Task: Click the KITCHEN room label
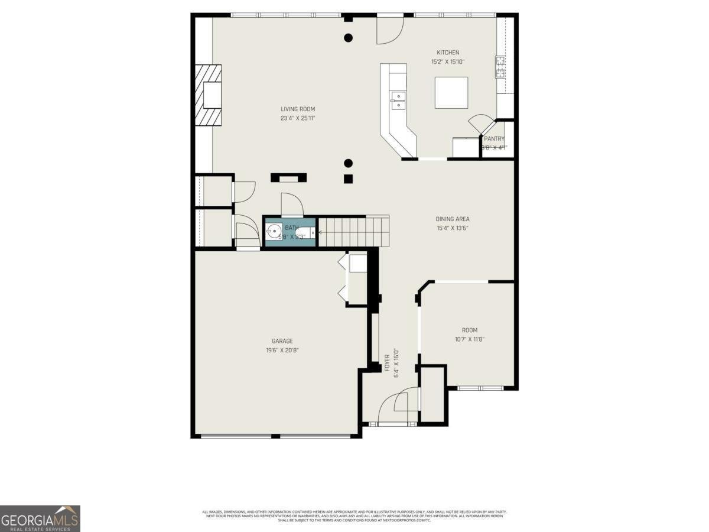click(x=447, y=53)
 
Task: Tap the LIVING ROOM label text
click(x=298, y=109)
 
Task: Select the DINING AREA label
click(x=453, y=219)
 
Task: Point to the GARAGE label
click(x=282, y=340)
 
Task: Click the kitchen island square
click(x=451, y=93)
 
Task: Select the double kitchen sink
click(x=398, y=100)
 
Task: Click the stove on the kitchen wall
click(x=500, y=67)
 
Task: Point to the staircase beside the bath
click(x=353, y=231)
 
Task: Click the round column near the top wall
click(x=348, y=38)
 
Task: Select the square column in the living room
click(x=348, y=179)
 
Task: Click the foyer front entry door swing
click(x=399, y=405)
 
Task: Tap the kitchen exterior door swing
click(x=390, y=30)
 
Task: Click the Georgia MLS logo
click(x=40, y=519)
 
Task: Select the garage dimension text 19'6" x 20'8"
click(x=282, y=350)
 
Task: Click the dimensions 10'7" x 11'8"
click(x=470, y=339)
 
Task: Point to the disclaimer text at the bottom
click(x=354, y=515)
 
